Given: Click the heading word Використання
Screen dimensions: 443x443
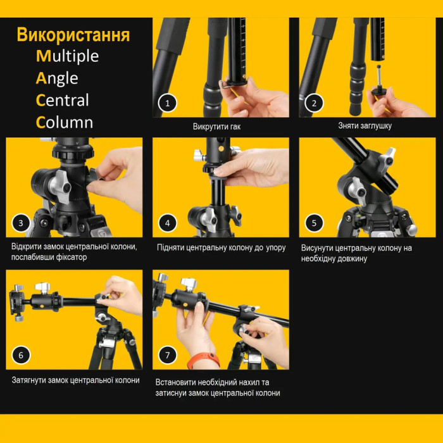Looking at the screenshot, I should tap(73, 35).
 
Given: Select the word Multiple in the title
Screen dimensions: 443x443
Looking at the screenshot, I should tap(67, 56).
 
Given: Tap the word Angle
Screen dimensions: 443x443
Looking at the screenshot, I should tap(57, 78).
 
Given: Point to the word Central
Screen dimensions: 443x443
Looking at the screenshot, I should tap(62, 101).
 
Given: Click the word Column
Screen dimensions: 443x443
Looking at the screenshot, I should tap(65, 123).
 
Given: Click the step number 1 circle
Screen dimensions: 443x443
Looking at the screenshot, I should tap(167, 103).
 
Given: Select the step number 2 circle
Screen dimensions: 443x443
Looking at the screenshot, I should tap(314, 103).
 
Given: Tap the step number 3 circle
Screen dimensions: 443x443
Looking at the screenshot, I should tap(21, 223).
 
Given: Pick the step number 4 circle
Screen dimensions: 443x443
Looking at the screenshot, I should tap(167, 223).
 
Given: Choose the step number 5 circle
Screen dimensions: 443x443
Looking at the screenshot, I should tap(314, 223).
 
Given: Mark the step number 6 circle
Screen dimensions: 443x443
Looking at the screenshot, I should tap(21, 355).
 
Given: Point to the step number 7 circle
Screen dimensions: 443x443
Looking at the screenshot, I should tap(168, 355).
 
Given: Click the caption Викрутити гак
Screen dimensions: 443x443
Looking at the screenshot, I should tap(216, 127).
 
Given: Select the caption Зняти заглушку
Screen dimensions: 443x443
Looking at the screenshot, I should tap(365, 126).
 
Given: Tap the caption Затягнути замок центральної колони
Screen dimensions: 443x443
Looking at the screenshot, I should tap(75, 380).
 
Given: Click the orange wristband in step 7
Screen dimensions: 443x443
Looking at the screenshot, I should tap(203, 361).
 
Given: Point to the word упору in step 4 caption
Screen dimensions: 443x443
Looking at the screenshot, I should tap(275, 247).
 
